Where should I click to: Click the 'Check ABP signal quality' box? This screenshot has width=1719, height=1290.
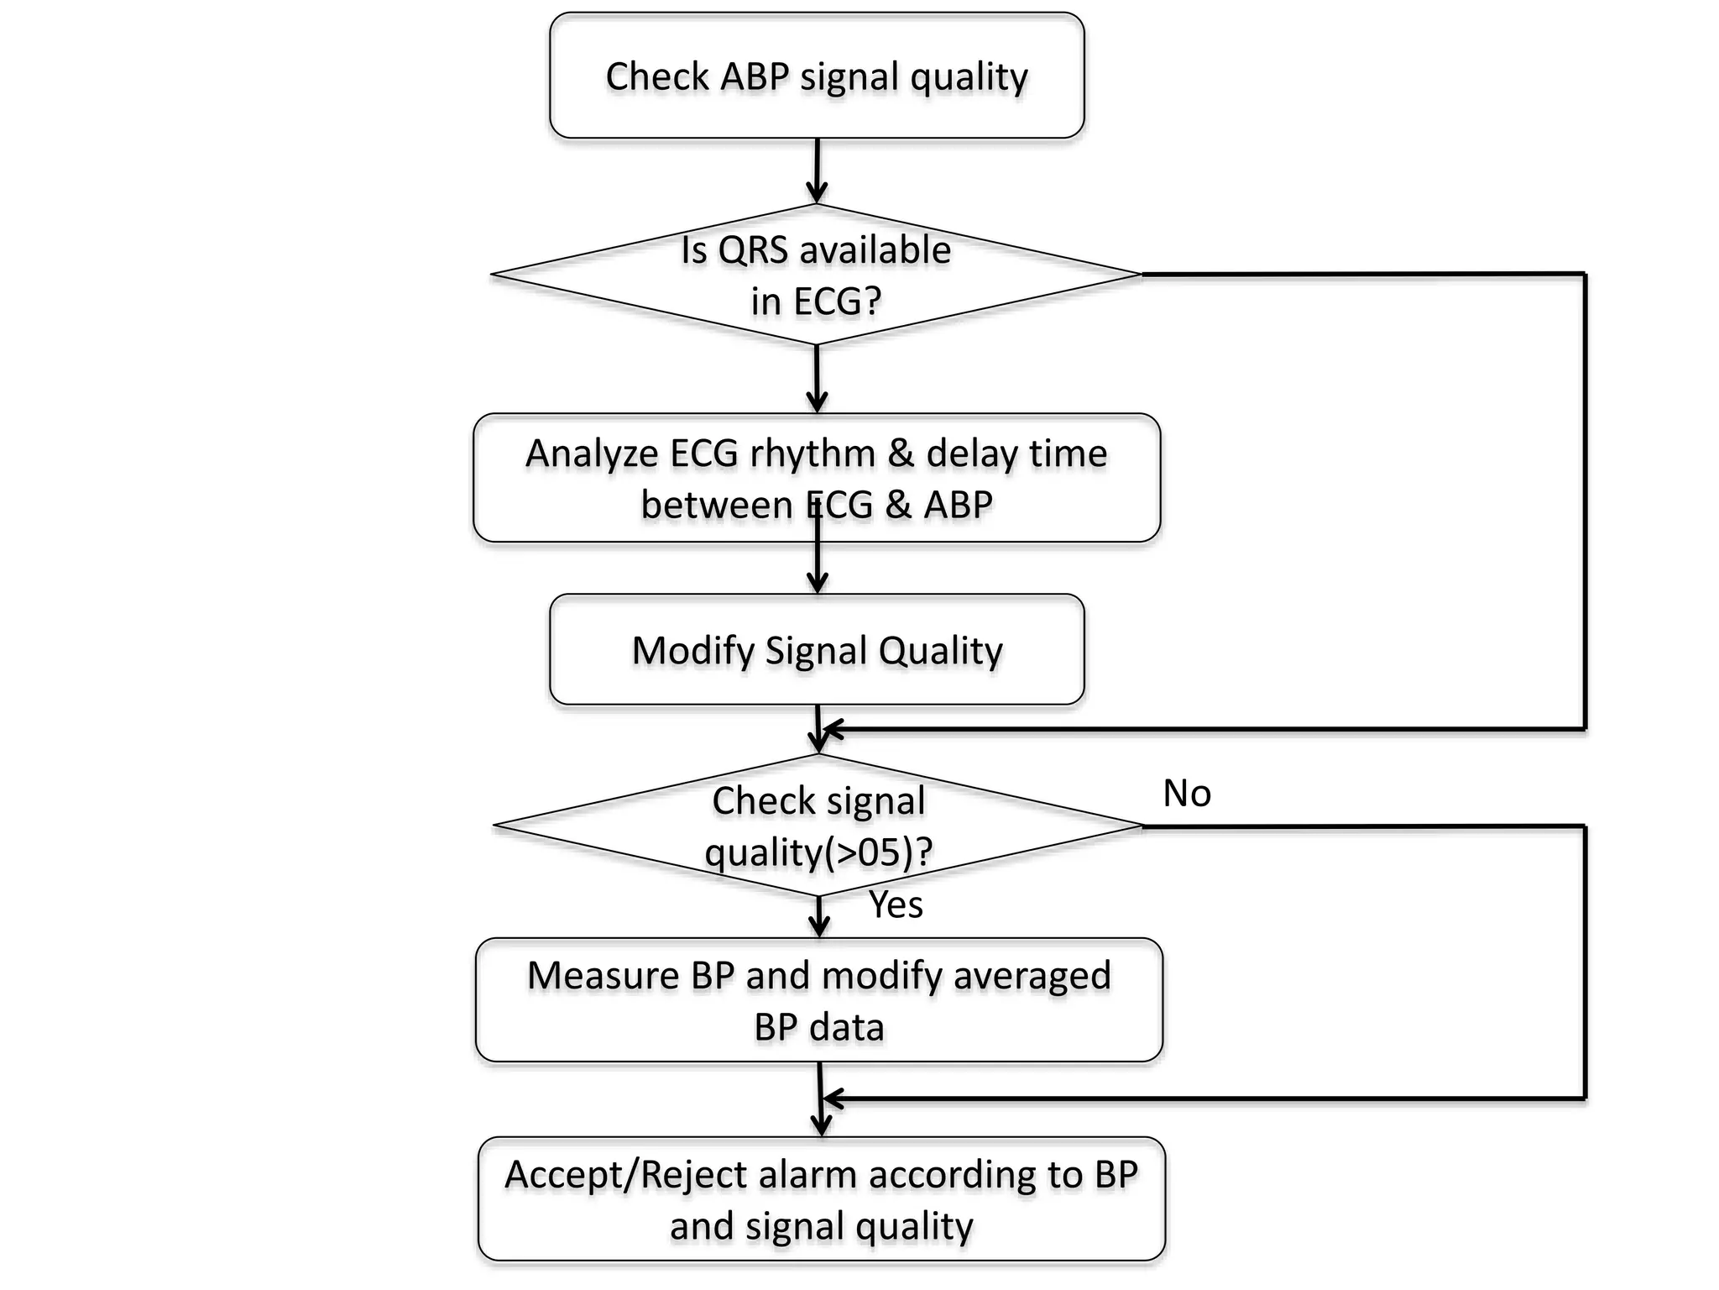[817, 76]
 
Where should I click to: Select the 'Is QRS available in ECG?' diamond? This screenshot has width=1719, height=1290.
[816, 275]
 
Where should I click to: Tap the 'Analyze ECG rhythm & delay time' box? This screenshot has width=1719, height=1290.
[817, 478]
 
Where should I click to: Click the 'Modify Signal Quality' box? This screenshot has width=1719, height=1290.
[817, 650]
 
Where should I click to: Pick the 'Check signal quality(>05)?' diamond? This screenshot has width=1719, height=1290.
[818, 826]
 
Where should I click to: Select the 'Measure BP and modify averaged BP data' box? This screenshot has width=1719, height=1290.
[819, 1000]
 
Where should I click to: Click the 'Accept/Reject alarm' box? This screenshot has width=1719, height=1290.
[822, 1199]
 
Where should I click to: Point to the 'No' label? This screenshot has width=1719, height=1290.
[1187, 794]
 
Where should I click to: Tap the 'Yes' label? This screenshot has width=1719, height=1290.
[896, 905]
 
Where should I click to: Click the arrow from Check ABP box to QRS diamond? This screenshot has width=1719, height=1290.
[817, 172]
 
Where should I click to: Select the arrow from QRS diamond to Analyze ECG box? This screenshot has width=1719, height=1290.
[817, 380]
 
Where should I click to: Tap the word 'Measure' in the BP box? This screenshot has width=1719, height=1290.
[603, 976]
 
